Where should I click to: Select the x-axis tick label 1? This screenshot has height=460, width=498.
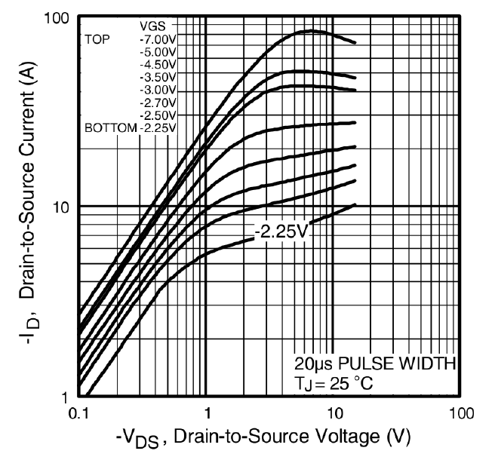(x=206, y=413)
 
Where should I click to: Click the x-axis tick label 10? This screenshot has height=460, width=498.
(x=333, y=413)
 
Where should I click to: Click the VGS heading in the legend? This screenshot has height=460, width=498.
(x=154, y=26)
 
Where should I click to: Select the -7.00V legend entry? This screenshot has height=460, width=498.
(x=158, y=38)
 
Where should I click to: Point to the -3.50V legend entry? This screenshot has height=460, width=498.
(x=158, y=77)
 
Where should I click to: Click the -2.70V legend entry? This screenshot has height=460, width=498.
(x=158, y=103)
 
